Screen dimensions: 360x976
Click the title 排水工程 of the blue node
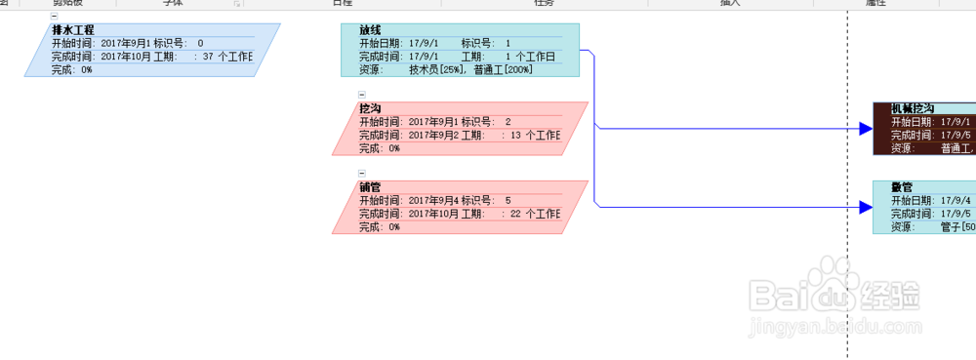point(73,30)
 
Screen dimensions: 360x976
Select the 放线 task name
point(370,30)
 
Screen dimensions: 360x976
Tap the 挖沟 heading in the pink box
point(370,108)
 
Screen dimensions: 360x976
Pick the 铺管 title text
point(370,186)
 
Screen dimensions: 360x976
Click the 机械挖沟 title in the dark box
point(913,108)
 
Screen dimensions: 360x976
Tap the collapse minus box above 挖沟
point(362,95)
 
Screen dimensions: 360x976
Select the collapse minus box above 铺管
point(362,173)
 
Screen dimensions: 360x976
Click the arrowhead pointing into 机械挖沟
point(865,128)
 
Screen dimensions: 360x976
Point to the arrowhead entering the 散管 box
point(865,207)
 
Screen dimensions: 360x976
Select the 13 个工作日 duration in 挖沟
point(535,135)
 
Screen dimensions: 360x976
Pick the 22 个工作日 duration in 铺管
point(535,213)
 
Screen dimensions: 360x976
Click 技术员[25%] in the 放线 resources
point(438,70)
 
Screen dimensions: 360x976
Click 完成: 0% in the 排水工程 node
point(72,70)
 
